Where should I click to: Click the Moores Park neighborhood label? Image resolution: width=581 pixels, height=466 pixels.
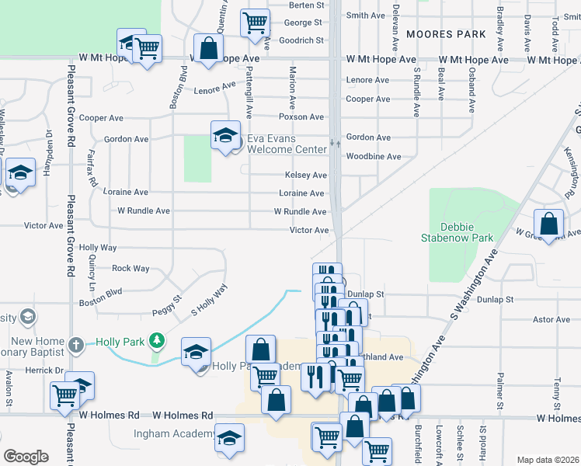[446, 34]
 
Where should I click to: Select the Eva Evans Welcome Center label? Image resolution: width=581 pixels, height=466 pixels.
[287, 144]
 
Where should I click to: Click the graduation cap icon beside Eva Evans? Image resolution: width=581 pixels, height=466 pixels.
[224, 135]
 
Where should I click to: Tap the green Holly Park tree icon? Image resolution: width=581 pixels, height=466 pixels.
[157, 341]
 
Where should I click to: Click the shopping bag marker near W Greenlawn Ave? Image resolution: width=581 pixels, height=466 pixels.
[549, 223]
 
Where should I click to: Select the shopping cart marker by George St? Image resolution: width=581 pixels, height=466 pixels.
[255, 23]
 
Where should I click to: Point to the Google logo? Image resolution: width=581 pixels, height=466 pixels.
[26, 457]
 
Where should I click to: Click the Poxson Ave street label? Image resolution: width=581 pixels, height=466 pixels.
[301, 117]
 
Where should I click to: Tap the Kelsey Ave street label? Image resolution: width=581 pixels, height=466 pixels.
[304, 176]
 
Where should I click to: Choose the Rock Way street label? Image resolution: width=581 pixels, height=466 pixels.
[130, 269]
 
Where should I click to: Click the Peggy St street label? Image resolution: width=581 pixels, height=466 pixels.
[166, 299]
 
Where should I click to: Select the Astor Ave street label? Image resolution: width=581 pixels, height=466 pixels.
[551, 319]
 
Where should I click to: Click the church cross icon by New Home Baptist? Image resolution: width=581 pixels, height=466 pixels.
[75, 343]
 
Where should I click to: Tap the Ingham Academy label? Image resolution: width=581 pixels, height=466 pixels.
[173, 434]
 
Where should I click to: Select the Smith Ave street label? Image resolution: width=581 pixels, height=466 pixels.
[365, 16]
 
